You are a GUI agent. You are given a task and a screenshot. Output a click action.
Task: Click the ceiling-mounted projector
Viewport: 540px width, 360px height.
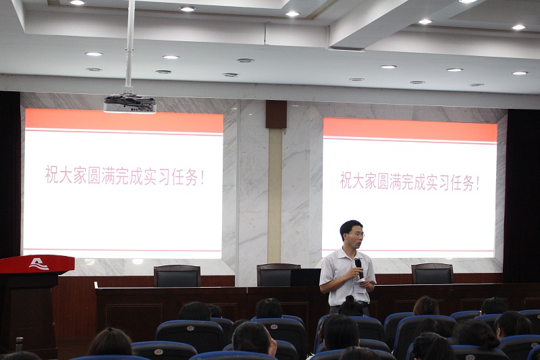130,104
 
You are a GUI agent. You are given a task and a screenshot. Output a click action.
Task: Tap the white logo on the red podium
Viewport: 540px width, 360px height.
38,264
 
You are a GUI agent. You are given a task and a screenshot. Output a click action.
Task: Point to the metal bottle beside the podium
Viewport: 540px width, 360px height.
20,344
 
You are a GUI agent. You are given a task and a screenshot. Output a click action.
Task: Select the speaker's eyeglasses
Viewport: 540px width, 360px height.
357,235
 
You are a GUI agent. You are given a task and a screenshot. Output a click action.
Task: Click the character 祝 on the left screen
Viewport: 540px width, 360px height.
52,175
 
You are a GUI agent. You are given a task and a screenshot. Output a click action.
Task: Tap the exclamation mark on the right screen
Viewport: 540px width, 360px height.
477,183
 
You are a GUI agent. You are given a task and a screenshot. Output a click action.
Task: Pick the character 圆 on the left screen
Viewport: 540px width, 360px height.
94,176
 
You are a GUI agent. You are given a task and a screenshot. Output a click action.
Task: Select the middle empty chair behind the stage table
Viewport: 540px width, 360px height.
278,275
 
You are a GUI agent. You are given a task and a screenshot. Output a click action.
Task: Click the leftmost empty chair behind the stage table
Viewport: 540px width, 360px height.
177,276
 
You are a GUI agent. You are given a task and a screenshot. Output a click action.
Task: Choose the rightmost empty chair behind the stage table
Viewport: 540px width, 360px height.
432,274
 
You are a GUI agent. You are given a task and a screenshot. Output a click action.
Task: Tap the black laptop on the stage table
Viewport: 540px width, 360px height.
305,278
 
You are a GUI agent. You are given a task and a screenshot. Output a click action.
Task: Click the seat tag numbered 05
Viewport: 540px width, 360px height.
274,327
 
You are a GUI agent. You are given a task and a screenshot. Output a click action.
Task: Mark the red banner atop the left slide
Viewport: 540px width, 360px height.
124,120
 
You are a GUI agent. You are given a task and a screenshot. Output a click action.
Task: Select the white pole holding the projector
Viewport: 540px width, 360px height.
130,45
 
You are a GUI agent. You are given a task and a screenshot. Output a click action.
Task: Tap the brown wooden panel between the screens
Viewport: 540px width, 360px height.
276,114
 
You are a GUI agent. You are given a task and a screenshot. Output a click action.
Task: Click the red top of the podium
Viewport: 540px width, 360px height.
37,264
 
